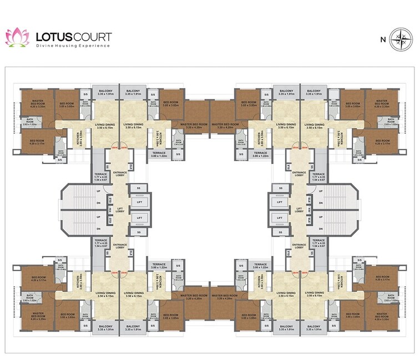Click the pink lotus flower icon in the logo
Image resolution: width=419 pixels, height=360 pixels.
tap(17, 38)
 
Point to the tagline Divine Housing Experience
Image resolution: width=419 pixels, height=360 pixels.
tap(73, 47)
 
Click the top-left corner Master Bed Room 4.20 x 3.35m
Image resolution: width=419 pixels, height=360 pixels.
tap(38, 103)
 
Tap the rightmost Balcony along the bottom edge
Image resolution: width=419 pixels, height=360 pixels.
tap(314, 328)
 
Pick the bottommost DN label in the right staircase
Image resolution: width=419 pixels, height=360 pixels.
tap(320, 229)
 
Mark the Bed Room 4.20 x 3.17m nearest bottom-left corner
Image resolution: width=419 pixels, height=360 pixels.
tap(38, 279)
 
